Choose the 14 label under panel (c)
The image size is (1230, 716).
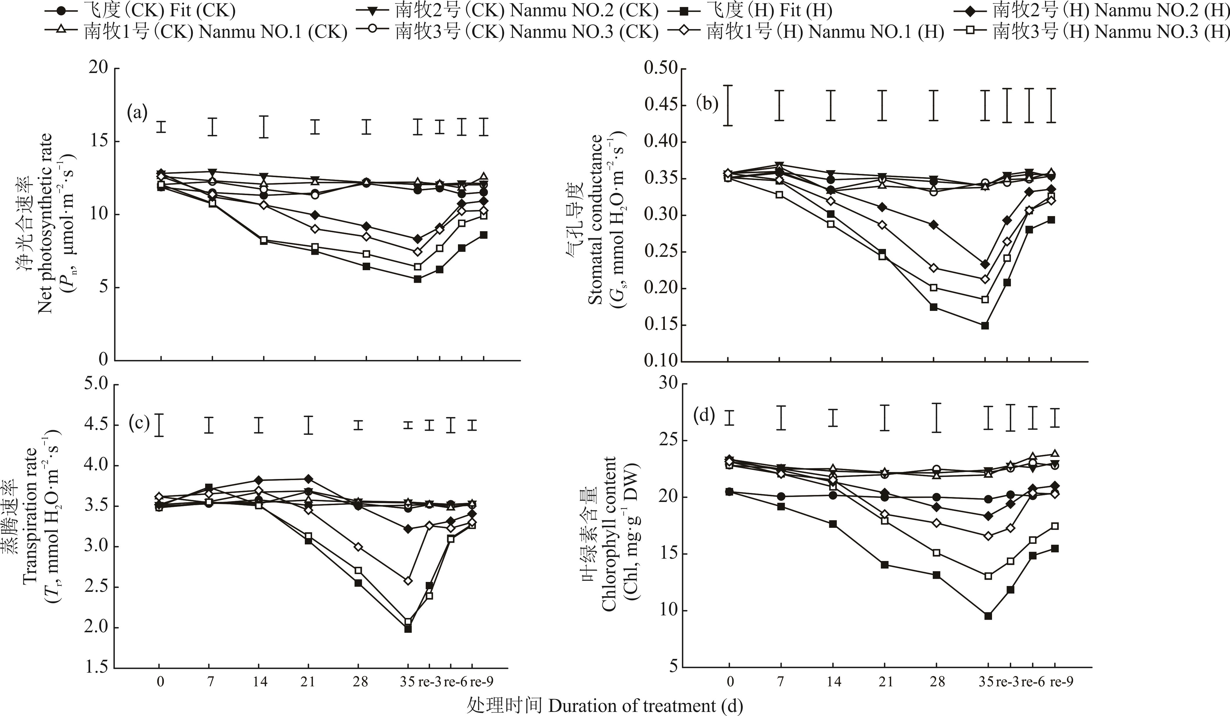click(260, 682)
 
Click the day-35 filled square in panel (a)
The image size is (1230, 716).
click(417, 279)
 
